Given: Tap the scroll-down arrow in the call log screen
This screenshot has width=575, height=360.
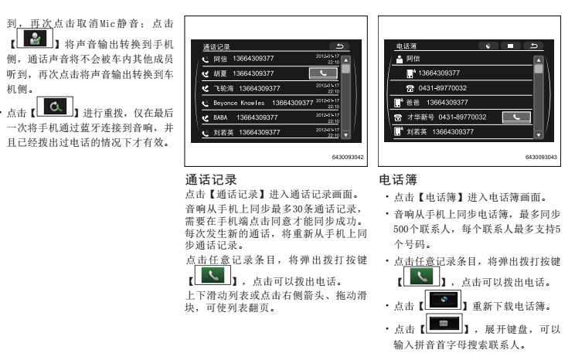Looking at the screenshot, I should [x=345, y=133].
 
